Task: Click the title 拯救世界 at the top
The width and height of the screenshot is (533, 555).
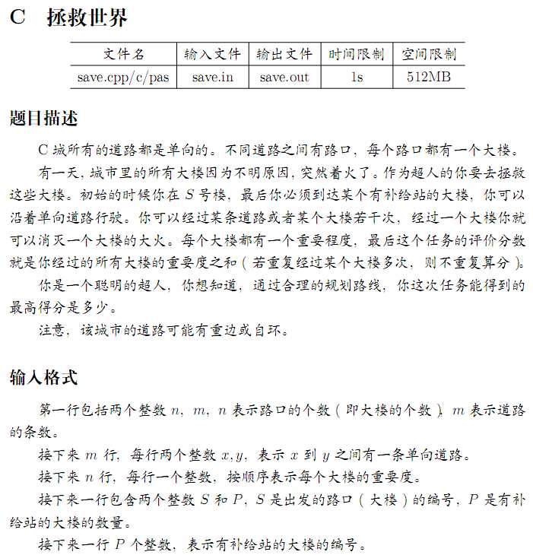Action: click(87, 18)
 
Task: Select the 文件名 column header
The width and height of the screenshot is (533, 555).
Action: click(123, 54)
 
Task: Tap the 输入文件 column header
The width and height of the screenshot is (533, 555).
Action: click(213, 54)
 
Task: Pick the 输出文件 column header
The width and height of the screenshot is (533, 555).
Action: click(284, 54)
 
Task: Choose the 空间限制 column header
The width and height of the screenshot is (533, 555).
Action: click(429, 54)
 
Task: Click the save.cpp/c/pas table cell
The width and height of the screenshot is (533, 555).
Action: click(123, 77)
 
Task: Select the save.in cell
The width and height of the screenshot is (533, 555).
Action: click(213, 77)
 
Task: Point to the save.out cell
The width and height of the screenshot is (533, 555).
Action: click(284, 77)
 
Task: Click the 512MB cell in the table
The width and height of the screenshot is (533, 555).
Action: click(429, 77)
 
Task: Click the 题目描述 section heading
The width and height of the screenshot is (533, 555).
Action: click(43, 119)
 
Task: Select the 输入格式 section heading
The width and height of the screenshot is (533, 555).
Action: click(43, 377)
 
